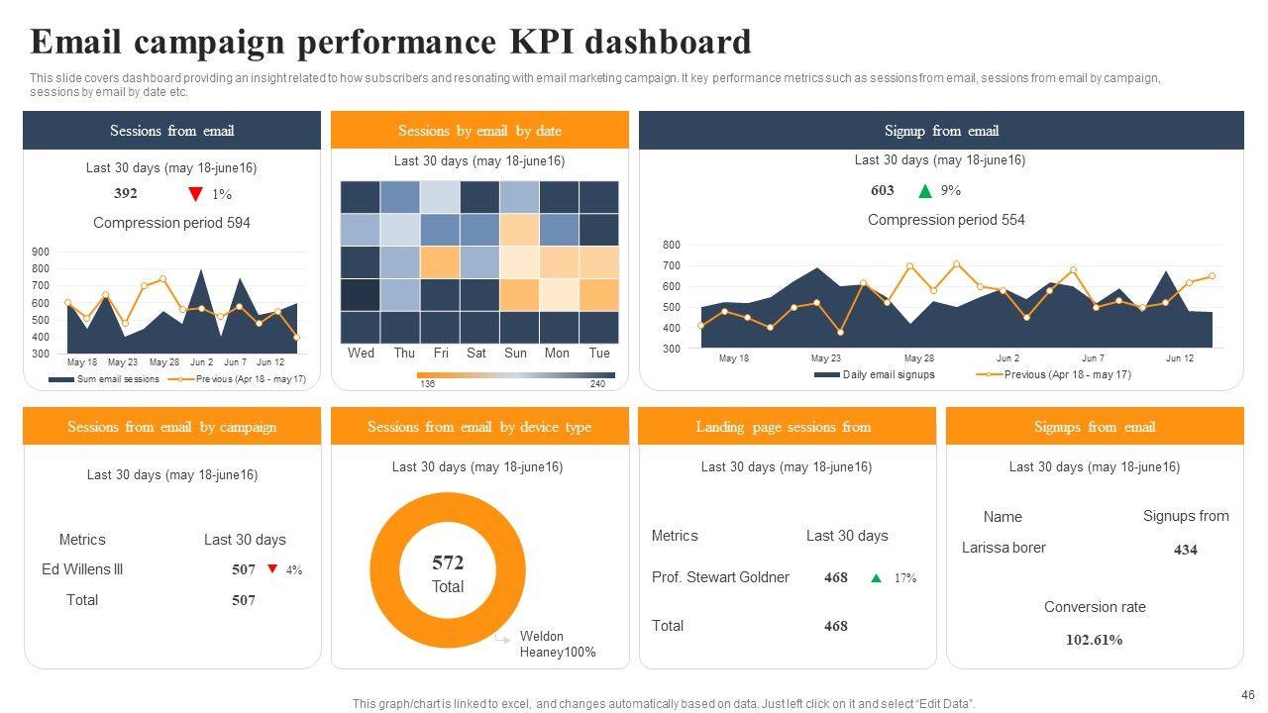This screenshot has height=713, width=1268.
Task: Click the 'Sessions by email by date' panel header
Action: tap(479, 131)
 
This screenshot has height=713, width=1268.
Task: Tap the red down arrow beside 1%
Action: tap(195, 194)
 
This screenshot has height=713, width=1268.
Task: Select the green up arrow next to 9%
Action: tap(925, 191)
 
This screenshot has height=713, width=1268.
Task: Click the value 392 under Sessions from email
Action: tap(126, 194)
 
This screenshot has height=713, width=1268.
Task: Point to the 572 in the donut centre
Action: tap(448, 563)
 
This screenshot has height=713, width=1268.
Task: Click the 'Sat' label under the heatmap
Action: tap(476, 354)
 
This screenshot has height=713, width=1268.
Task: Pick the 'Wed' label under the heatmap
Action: tap(361, 354)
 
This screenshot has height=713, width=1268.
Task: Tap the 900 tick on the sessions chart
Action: tap(41, 252)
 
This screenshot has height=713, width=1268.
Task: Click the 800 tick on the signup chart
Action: tap(672, 245)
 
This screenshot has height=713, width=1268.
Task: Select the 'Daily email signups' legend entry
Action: tap(888, 374)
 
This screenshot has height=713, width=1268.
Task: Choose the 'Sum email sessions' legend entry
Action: tap(118, 379)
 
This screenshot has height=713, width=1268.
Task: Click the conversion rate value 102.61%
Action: tap(1094, 640)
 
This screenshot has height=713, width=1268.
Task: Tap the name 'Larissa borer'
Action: tap(1004, 548)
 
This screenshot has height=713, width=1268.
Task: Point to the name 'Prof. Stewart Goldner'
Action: tap(720, 577)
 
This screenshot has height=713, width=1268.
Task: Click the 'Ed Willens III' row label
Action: tap(82, 569)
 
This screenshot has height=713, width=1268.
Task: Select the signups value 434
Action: tap(1186, 550)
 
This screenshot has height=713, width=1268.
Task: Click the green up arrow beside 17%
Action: tap(876, 578)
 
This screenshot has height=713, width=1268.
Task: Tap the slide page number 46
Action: tap(1247, 695)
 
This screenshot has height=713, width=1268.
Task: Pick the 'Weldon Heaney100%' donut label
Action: tap(557, 645)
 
